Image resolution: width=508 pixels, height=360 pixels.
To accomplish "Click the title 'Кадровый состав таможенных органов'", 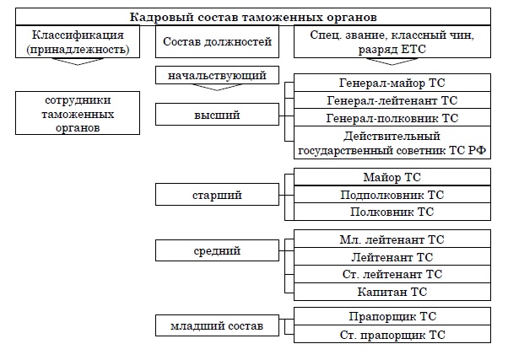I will pyautogui.click(x=253, y=17).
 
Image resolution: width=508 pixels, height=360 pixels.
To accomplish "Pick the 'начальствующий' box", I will pyautogui.click(x=217, y=76).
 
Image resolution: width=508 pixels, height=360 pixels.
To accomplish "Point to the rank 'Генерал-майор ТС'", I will pyautogui.click(x=391, y=83).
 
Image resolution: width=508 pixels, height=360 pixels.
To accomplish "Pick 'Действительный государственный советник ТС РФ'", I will pyautogui.click(x=391, y=144).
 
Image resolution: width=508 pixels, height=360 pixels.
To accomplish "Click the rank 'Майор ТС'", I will pyautogui.click(x=391, y=177).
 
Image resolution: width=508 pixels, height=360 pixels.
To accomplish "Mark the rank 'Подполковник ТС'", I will pyautogui.click(x=391, y=195).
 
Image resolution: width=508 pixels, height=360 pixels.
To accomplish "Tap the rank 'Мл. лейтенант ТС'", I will pyautogui.click(x=391, y=239).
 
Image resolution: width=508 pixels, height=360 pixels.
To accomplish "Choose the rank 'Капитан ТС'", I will pyautogui.click(x=391, y=292).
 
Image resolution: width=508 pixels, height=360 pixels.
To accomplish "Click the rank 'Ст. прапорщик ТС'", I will pyautogui.click(x=391, y=335).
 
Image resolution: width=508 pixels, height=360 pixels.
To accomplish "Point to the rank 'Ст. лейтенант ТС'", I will pyautogui.click(x=391, y=274).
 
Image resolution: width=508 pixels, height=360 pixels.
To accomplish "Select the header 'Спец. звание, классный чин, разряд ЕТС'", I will pyautogui.click(x=391, y=42).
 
